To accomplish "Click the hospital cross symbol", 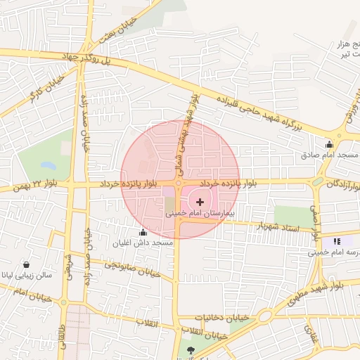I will click(x=200, y=201).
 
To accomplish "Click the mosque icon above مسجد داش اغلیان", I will click(x=143, y=233).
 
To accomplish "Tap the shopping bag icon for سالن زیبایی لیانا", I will click(x=26, y=265).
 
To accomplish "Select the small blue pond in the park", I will click(x=48, y=166).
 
